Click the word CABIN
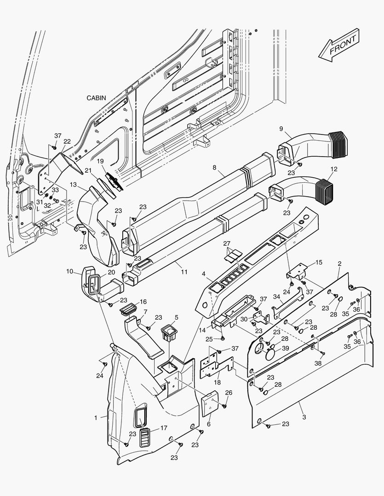[96, 98]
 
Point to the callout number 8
[214, 169]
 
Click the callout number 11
[184, 272]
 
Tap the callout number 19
[101, 161]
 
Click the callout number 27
[227, 243]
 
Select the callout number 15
[319, 263]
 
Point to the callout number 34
[276, 297]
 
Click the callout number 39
[285, 348]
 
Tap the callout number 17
[164, 428]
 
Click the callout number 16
[143, 302]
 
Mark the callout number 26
[229, 393]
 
